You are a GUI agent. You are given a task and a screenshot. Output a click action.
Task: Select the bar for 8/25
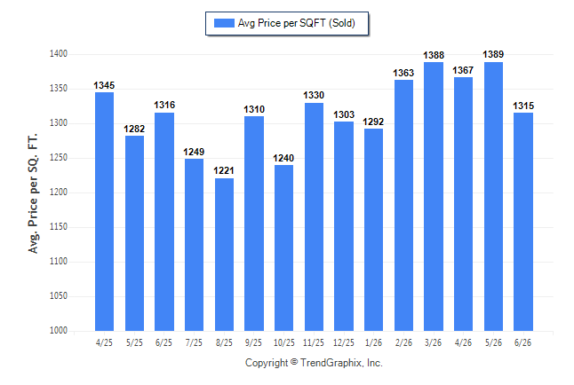click(x=224, y=255)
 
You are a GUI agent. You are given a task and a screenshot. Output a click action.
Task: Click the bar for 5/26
click(x=493, y=196)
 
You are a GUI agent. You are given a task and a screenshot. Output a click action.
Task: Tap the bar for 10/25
click(x=283, y=247)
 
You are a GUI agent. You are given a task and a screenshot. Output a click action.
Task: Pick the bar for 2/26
click(x=403, y=206)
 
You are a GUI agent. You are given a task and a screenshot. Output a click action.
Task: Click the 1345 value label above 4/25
click(x=104, y=85)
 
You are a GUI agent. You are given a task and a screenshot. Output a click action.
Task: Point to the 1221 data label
click(x=224, y=170)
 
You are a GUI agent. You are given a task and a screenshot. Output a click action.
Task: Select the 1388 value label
click(x=434, y=55)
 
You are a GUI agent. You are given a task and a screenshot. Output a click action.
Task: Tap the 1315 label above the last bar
click(x=523, y=106)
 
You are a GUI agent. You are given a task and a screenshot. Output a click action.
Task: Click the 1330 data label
click(x=314, y=96)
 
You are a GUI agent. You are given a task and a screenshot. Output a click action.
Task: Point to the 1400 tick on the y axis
click(x=59, y=54)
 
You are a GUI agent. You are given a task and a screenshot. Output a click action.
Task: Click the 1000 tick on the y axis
click(x=59, y=330)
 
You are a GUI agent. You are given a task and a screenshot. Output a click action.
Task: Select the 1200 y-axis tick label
click(x=59, y=192)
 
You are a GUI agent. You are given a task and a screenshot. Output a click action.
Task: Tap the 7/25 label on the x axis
click(x=194, y=342)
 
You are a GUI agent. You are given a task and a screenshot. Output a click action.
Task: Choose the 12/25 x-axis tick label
click(x=343, y=342)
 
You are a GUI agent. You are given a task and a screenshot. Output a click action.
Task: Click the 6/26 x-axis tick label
click(x=522, y=342)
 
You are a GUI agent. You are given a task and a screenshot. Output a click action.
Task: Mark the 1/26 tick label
click(x=373, y=342)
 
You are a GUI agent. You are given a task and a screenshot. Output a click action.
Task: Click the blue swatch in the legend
click(x=224, y=23)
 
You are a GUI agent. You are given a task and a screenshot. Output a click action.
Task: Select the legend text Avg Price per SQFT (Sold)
click(x=297, y=23)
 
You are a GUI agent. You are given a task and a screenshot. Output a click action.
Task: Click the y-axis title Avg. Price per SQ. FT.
click(x=33, y=193)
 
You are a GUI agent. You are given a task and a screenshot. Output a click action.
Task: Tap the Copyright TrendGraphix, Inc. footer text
click(x=314, y=363)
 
